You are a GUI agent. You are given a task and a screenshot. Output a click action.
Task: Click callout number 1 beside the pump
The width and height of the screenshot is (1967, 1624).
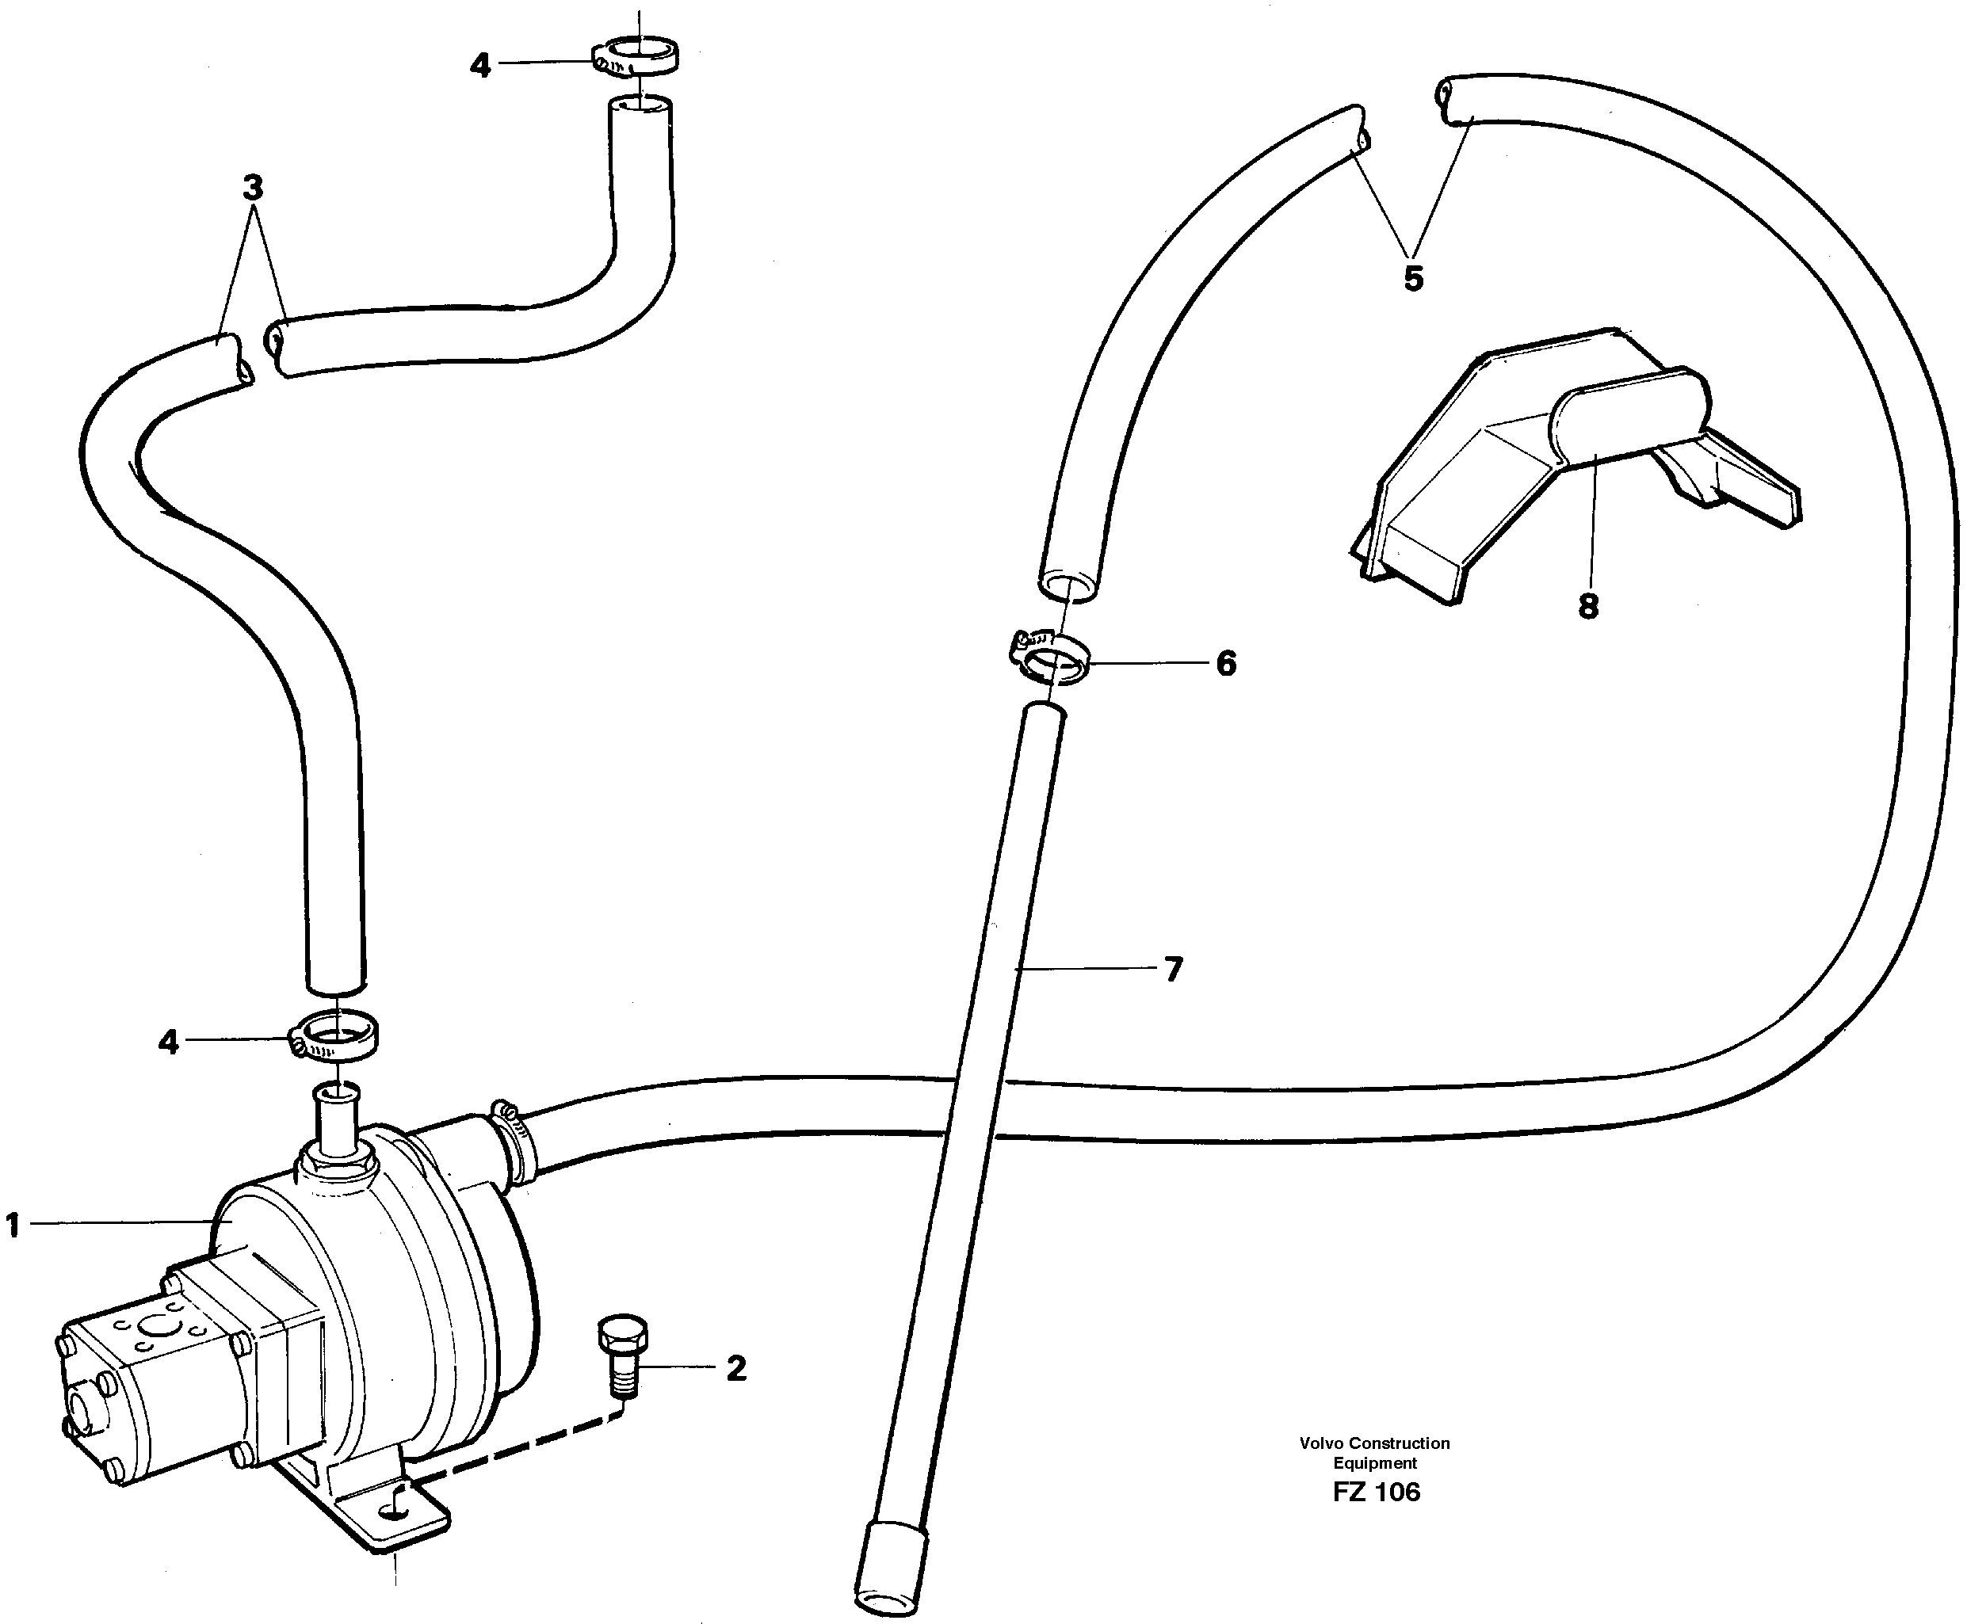tap(13, 1226)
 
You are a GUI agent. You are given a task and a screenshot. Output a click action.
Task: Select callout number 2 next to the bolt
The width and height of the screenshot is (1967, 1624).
tap(736, 1369)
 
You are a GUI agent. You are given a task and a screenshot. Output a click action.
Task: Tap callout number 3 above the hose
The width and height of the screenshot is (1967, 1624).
tap(253, 188)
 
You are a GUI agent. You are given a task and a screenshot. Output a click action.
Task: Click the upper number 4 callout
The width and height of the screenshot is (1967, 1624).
tap(480, 66)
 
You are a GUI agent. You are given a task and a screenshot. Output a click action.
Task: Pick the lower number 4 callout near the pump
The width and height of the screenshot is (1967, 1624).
tap(169, 1041)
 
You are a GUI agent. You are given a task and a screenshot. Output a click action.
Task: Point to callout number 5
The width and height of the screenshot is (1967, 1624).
tap(1413, 278)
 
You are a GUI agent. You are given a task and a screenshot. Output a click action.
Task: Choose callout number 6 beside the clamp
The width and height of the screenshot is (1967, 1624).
tap(1226, 663)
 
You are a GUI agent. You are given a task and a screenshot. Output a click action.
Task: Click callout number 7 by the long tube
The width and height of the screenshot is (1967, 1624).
tap(1174, 968)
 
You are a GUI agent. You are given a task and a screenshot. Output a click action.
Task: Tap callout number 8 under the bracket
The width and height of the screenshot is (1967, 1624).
tap(1588, 606)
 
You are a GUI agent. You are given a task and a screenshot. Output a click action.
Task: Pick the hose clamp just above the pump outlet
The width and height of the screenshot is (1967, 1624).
tap(337, 1035)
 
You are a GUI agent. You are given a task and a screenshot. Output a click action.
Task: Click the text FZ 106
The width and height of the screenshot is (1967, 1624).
tap(1376, 1491)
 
